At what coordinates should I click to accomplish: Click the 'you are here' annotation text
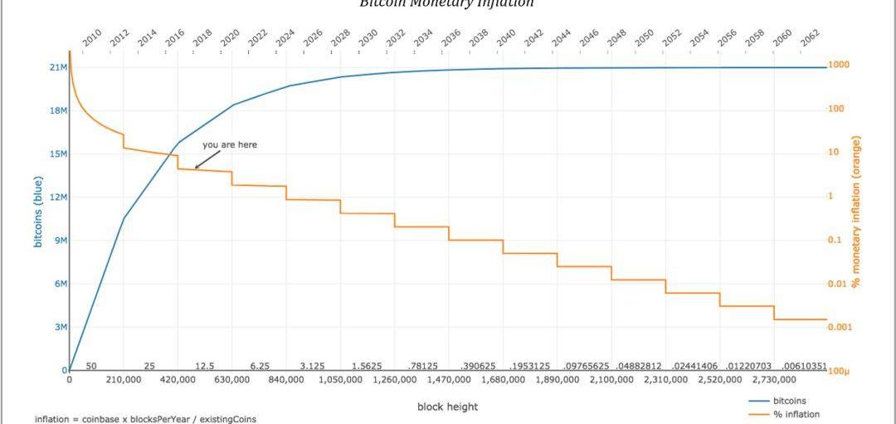[x=230, y=144]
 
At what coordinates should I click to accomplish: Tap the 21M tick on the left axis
[x=58, y=67]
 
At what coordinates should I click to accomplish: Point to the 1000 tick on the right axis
[x=838, y=65]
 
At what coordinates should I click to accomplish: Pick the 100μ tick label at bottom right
[x=837, y=371]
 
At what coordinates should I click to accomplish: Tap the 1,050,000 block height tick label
[x=340, y=380]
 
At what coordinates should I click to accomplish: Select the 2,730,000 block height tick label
[x=774, y=380]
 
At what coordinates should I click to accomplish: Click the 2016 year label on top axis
[x=174, y=37]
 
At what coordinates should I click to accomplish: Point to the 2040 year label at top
[x=505, y=37]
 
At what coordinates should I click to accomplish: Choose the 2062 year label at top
[x=809, y=37]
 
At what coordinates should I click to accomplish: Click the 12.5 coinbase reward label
[x=204, y=366]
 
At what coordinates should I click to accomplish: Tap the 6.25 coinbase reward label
[x=260, y=366]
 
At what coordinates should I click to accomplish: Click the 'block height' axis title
[x=447, y=407]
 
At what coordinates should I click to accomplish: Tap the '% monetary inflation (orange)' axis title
[x=855, y=212]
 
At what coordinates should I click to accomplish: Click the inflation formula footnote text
[x=146, y=419]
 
